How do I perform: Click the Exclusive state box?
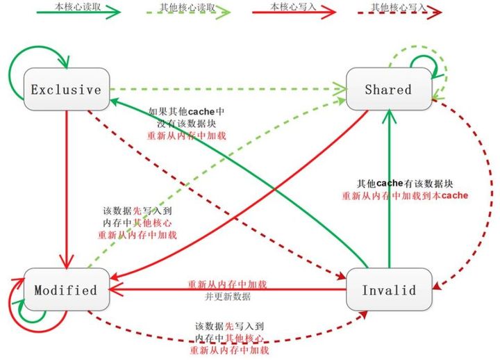click(65, 89)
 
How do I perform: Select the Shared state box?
click(388, 89)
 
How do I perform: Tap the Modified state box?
click(65, 289)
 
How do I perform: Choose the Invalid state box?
click(388, 289)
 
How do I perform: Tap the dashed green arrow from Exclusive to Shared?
click(229, 89)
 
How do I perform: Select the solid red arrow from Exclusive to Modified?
click(65, 188)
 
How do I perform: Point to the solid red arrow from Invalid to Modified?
click(229, 289)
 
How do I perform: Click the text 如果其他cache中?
click(185, 111)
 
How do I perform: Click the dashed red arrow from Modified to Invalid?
click(229, 341)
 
